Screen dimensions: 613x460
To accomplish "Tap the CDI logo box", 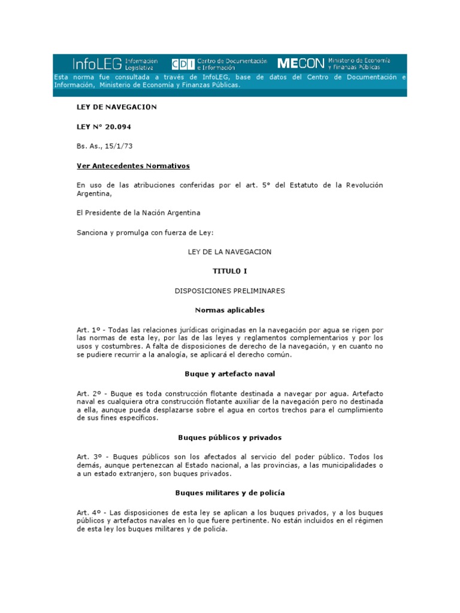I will pyautogui.click(x=178, y=63).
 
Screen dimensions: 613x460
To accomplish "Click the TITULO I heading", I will pyautogui.click(x=229, y=271).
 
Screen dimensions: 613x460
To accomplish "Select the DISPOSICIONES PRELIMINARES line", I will pyautogui.click(x=229, y=291).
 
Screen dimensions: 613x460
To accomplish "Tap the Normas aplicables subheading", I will pyautogui.click(x=229, y=310).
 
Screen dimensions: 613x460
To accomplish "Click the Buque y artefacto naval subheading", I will pyautogui.click(x=229, y=374).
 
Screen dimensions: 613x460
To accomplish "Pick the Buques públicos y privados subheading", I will pyautogui.click(x=229, y=437).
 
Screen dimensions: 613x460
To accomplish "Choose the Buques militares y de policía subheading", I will pyautogui.click(x=229, y=493).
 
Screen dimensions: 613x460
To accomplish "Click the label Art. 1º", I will pyautogui.click(x=86, y=330).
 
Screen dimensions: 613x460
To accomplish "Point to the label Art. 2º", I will pyautogui.click(x=86, y=393).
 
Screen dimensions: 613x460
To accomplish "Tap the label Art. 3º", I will pyautogui.click(x=86, y=457).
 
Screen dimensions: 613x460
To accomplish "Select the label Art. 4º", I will pyautogui.click(x=86, y=513).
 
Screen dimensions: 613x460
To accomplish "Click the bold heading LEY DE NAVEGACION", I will pyautogui.click(x=116, y=107).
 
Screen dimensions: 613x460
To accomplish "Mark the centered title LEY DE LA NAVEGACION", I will pyautogui.click(x=229, y=252).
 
